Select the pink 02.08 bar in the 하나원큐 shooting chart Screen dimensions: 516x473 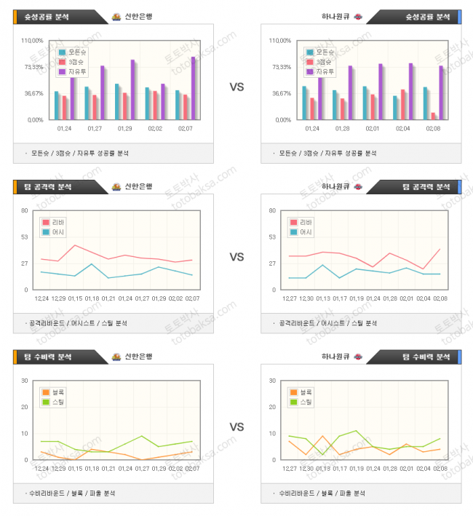tap(434, 116)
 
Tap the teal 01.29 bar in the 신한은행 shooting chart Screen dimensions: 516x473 tap(117, 102)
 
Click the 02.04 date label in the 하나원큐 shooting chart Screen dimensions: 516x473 tap(403, 128)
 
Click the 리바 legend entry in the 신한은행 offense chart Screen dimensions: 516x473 tap(55, 222)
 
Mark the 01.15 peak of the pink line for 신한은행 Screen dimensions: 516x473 tap(75, 245)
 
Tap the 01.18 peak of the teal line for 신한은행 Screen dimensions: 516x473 tap(92, 264)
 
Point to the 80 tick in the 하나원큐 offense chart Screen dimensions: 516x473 tap(272, 211)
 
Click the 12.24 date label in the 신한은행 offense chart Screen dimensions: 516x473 tap(41, 298)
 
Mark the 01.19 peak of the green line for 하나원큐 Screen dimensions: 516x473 tap(356, 431)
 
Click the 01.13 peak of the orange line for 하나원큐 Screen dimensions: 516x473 tap(322, 436)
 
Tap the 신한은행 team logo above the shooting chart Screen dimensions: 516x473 tap(116, 17)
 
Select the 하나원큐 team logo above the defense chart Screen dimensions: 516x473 tap(357, 357)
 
